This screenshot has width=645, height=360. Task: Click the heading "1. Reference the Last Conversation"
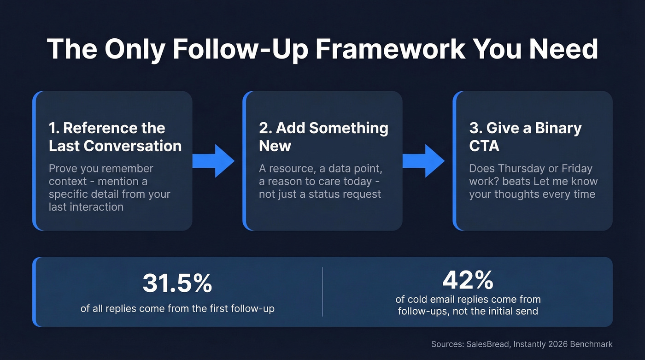115,137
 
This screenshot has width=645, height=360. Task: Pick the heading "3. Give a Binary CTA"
525,137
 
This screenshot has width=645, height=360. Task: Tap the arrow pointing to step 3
423,160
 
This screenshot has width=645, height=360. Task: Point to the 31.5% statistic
177,283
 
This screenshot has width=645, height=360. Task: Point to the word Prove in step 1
63,169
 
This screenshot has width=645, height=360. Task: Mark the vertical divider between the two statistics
322,292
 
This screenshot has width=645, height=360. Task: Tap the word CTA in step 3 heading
484,146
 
